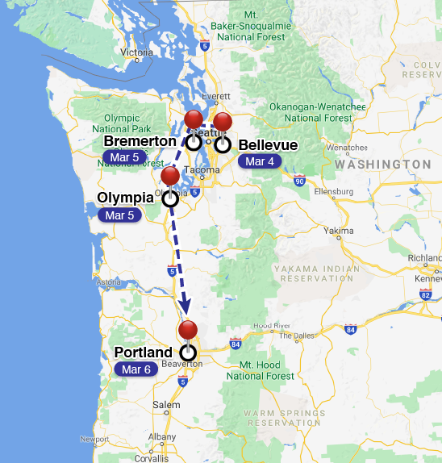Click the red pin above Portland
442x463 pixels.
pos(188,330)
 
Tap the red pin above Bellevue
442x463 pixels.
pos(223,122)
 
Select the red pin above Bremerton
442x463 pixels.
pos(194,120)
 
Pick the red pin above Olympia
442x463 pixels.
pos(170,176)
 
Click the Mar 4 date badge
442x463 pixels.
pos(260,161)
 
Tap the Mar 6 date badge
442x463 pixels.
pos(136,369)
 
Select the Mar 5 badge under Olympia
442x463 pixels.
pos(119,215)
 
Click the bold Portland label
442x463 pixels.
pos(144,352)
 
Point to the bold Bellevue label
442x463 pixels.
pos(269,145)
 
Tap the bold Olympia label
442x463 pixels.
pos(127,198)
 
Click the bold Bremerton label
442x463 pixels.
pos(140,142)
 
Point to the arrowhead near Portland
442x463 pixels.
pos(186,307)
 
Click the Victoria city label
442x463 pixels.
pos(136,52)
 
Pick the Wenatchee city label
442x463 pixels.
pos(347,148)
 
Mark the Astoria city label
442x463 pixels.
pos(109,282)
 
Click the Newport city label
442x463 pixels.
pos(94,440)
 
